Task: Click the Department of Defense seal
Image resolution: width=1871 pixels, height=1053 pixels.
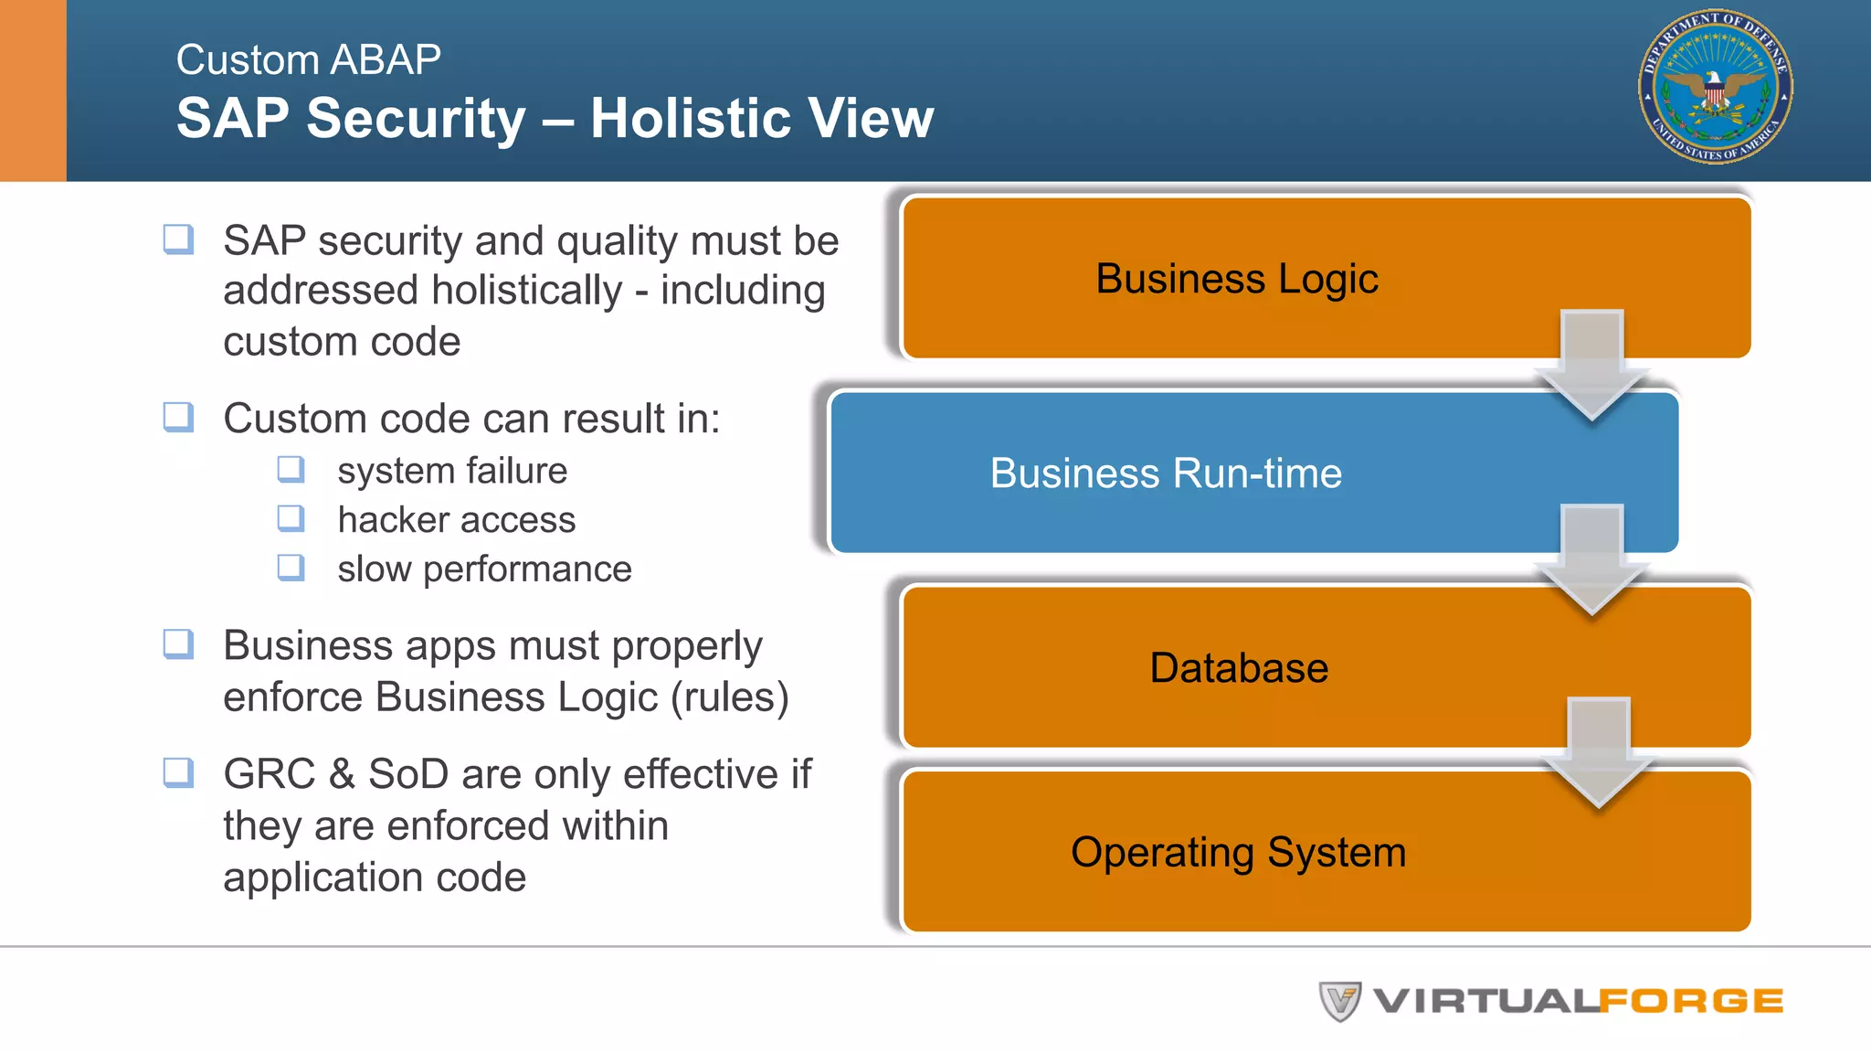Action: point(1715,87)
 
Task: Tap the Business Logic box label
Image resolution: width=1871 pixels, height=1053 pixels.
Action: point(1236,279)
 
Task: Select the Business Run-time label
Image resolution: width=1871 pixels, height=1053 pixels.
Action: point(1166,473)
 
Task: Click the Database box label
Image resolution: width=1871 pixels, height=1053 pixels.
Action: point(1238,668)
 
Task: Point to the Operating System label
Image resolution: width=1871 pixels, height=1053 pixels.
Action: point(1238,852)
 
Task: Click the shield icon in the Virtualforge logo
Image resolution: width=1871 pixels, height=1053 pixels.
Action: point(1340,1001)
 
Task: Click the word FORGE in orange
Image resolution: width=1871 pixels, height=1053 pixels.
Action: point(1691,1002)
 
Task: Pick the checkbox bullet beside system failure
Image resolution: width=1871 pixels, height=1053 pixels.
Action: point(291,470)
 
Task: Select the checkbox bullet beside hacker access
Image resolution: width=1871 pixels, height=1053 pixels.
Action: point(291,518)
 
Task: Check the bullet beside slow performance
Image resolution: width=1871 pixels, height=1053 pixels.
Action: point(291,568)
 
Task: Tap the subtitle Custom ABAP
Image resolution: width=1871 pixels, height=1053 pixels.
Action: point(308,60)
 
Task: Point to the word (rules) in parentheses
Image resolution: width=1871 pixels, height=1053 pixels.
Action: point(729,697)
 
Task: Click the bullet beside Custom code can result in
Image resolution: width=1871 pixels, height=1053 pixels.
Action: point(178,417)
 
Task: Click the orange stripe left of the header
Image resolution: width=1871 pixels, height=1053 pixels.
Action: point(33,90)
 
